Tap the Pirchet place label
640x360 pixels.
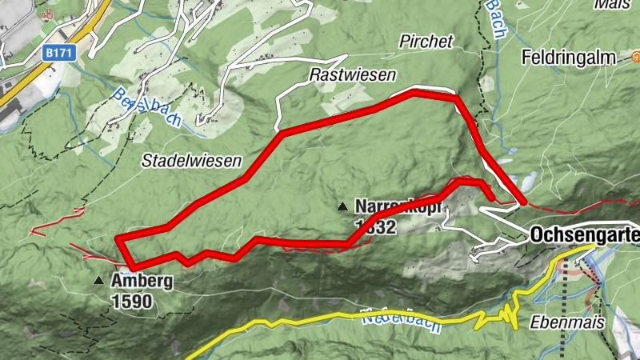pyautogui.click(x=426, y=42)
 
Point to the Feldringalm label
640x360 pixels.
pyautogui.click(x=571, y=58)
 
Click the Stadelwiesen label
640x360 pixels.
pyautogui.click(x=192, y=161)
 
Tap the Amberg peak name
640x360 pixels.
pyautogui.click(x=138, y=281)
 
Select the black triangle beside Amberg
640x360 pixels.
pyautogui.click(x=98, y=281)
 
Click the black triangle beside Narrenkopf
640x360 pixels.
pyautogui.click(x=343, y=207)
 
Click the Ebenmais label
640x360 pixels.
pyautogui.click(x=559, y=322)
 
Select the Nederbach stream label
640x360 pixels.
pyautogui.click(x=392, y=318)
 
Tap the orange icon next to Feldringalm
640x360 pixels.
pyautogui.click(x=637, y=58)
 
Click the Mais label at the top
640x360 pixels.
pyautogui.click(x=612, y=4)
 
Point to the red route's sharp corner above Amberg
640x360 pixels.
pyautogui.click(x=118, y=238)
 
